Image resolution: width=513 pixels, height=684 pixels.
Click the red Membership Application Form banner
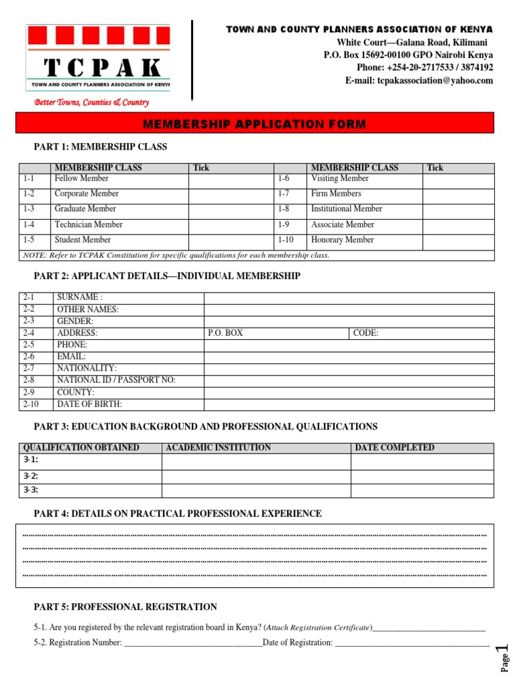click(x=254, y=124)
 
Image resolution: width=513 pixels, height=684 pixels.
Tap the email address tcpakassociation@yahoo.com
click(x=419, y=81)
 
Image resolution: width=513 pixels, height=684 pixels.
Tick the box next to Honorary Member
click(x=459, y=240)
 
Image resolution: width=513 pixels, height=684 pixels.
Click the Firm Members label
click(x=336, y=194)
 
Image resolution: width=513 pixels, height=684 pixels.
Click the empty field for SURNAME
click(x=349, y=298)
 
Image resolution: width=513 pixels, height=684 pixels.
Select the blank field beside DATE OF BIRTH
click(x=349, y=404)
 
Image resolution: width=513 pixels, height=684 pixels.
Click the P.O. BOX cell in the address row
click(x=277, y=333)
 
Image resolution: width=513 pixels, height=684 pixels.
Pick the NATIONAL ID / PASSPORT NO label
click(x=116, y=380)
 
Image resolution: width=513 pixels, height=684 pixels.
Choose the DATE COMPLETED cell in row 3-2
click(x=422, y=476)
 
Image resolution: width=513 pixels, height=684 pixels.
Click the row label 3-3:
click(x=31, y=490)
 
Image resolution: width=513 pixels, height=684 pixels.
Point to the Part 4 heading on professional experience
click(x=178, y=514)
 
